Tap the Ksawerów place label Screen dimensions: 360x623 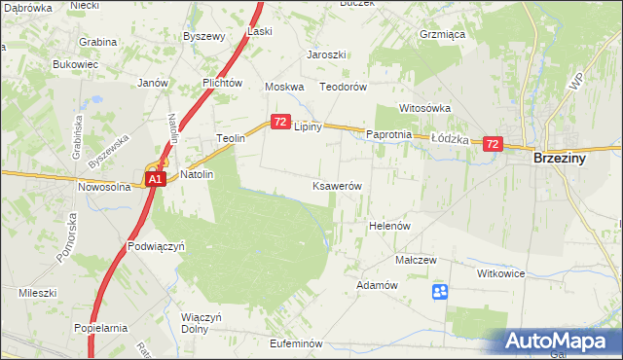coord(337,186)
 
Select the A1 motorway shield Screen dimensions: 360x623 coord(155,180)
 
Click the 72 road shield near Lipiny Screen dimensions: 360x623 coord(279,122)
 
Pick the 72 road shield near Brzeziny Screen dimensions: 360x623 coord(492,144)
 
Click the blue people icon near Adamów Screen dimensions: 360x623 coord(440,291)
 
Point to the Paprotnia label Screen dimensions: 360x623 coord(389,134)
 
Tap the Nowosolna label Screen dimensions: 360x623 coord(104,187)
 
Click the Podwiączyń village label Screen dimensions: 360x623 coord(156,247)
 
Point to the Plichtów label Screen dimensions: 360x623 coord(222,84)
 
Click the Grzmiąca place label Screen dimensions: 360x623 coord(440,32)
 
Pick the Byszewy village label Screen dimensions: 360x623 coord(204,36)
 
